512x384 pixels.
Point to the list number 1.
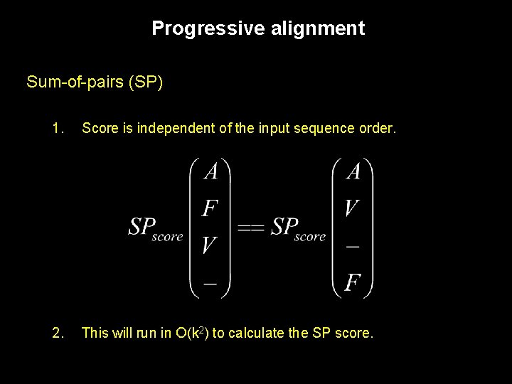[x=58, y=129]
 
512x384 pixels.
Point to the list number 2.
[x=58, y=331]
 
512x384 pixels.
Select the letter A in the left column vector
[x=210, y=172]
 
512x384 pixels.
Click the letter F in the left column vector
[x=210, y=208]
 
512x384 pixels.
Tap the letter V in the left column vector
[x=210, y=245]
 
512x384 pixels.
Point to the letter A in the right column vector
[x=352, y=172]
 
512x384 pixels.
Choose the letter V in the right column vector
[x=352, y=208]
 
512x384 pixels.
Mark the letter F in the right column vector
[x=352, y=283]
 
